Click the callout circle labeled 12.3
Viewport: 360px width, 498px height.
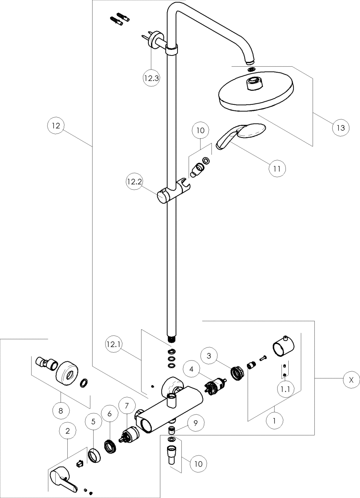(151, 78)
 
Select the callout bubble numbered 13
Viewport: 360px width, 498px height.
(341, 127)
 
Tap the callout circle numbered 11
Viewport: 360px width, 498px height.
(277, 168)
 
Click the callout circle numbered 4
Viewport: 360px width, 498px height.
(192, 369)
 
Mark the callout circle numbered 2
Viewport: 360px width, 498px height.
(68, 430)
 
